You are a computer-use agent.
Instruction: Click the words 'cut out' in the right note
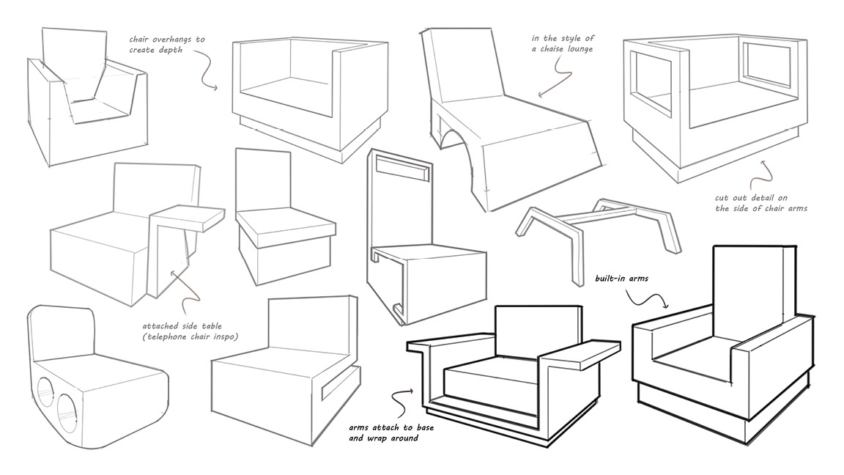coord(726,197)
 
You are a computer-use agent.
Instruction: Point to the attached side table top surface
coord(189,214)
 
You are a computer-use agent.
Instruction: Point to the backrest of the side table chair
coord(156,189)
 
